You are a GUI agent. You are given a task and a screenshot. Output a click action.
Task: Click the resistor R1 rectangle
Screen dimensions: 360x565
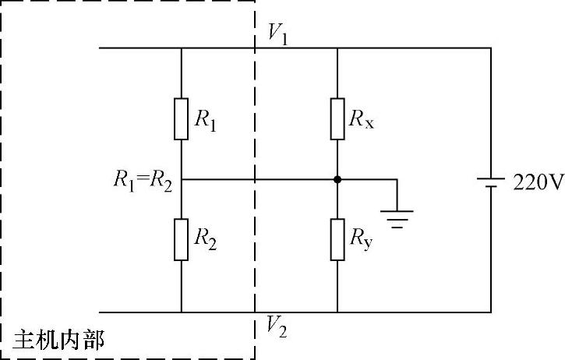[181, 118]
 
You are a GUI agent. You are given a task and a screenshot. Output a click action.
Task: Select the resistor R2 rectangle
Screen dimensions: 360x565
[181, 240]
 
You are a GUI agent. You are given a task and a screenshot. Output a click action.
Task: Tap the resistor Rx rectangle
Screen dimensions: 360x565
[337, 118]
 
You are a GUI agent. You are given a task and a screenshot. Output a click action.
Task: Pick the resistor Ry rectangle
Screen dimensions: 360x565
[337, 240]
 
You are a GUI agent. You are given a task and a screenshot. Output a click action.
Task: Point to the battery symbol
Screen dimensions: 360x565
[491, 183]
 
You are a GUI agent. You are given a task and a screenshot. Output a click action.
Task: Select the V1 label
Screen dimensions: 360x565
[278, 34]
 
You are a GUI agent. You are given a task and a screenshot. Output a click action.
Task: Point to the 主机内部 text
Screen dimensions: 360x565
[58, 340]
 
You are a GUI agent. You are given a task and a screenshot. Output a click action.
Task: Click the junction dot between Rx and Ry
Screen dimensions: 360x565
[337, 180]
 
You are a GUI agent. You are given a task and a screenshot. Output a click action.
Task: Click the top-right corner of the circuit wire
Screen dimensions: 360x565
[491, 48]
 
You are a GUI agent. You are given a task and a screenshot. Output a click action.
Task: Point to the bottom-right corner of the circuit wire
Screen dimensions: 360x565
[491, 312]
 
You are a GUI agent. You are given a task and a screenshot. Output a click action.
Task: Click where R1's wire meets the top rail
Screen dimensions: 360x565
[181, 48]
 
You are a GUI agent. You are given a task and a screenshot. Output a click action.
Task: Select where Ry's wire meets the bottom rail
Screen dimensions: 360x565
[337, 312]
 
